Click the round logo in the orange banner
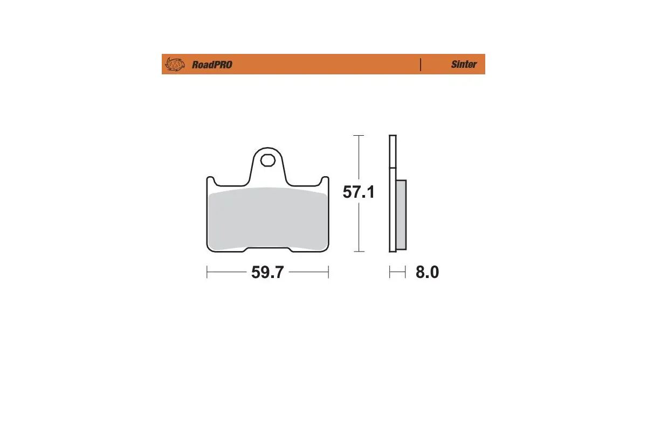(x=174, y=64)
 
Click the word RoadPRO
(x=212, y=65)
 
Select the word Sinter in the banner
(x=464, y=64)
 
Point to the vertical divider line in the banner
(x=420, y=64)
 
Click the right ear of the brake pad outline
(x=325, y=180)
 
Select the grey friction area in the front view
(x=267, y=218)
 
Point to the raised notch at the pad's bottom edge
(x=267, y=249)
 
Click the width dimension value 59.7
(x=267, y=273)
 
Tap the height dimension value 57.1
(x=359, y=192)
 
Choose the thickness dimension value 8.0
(x=427, y=273)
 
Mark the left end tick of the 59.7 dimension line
(x=207, y=273)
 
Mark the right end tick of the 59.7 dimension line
(x=328, y=273)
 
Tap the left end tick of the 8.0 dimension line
(x=390, y=273)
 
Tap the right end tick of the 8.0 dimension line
(x=405, y=273)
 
